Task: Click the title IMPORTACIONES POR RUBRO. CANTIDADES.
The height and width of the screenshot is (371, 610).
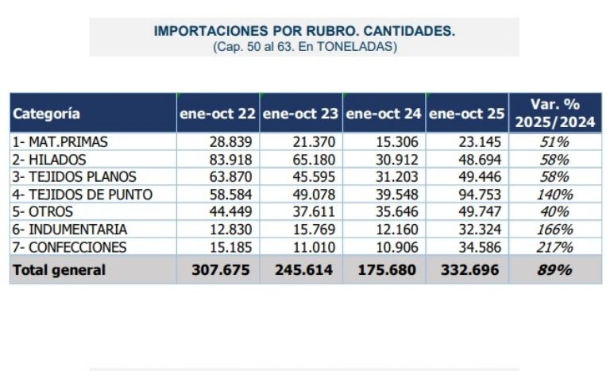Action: (x=304, y=32)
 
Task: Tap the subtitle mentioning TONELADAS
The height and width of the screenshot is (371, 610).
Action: (x=304, y=46)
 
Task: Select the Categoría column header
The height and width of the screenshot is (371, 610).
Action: (x=46, y=114)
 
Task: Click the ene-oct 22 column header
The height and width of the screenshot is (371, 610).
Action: (x=218, y=114)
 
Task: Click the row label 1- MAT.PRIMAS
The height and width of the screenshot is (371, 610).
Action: (x=60, y=142)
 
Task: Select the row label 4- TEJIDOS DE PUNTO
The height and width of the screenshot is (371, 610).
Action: (x=82, y=195)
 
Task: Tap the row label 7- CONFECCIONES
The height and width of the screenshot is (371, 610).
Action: (x=69, y=247)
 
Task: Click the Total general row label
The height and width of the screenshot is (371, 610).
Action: (x=58, y=270)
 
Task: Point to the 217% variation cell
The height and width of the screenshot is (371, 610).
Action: (x=555, y=247)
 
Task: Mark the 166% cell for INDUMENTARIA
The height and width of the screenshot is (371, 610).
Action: (x=555, y=230)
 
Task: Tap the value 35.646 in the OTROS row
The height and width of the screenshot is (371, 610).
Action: (x=397, y=212)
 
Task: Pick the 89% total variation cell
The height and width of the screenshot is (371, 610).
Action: (x=555, y=270)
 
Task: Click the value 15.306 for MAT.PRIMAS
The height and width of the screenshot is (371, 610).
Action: (x=397, y=142)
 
